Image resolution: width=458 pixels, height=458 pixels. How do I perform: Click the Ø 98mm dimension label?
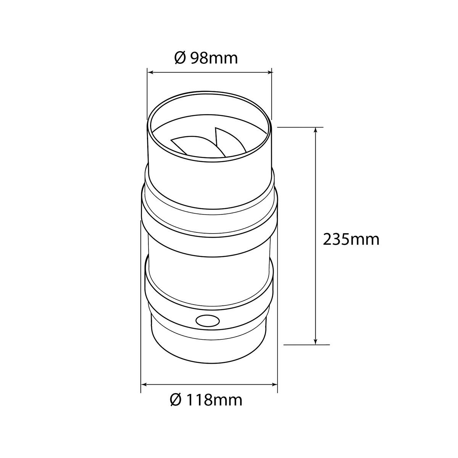[206, 58]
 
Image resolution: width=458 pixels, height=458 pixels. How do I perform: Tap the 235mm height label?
[351, 240]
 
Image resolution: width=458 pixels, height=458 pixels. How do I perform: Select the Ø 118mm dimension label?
[206, 400]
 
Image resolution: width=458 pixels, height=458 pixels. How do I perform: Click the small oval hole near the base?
[208, 321]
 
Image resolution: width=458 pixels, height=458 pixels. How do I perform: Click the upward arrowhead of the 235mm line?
[316, 131]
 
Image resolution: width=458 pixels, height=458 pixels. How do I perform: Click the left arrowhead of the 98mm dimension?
[151, 72]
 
